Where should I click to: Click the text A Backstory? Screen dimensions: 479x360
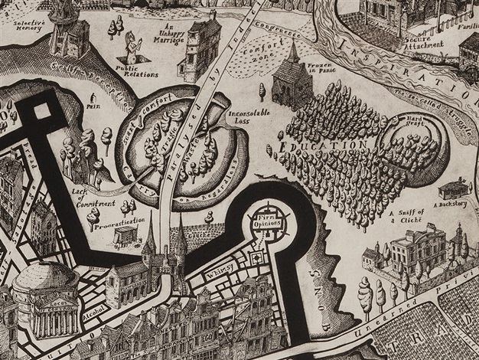451,205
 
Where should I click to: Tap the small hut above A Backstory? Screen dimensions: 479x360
454,188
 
